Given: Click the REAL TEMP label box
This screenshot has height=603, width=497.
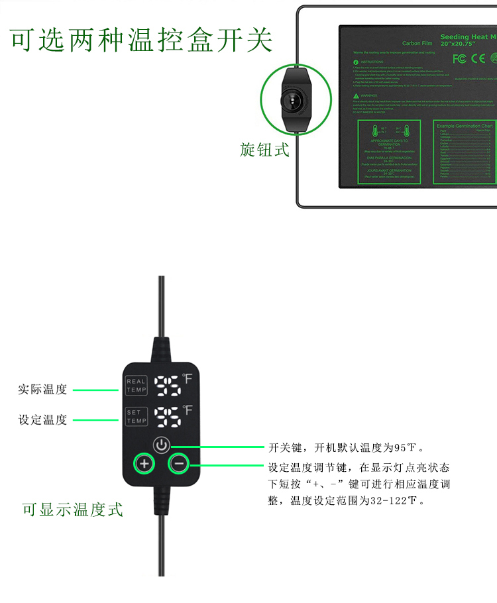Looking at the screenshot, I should tap(137, 386).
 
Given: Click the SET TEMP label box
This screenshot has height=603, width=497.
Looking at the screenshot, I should tap(137, 417).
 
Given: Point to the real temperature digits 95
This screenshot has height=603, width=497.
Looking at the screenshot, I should tap(168, 385).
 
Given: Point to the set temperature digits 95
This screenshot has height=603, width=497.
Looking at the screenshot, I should tap(168, 416).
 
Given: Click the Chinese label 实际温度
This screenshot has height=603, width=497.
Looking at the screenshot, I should tap(42, 390).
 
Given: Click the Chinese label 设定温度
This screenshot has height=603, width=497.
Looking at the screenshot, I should tap(42, 419).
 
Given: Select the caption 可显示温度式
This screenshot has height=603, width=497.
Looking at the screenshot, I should tap(73, 510).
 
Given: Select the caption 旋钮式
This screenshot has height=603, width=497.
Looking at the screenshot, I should tap(265, 150).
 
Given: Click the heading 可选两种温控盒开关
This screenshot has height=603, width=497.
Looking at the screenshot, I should tap(142, 40).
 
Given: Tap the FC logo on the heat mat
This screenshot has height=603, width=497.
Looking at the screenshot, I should tap(459, 58).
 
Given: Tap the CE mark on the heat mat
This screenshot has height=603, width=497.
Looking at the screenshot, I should tap(477, 58).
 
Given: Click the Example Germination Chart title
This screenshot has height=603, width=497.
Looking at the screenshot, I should tap(465, 125).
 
